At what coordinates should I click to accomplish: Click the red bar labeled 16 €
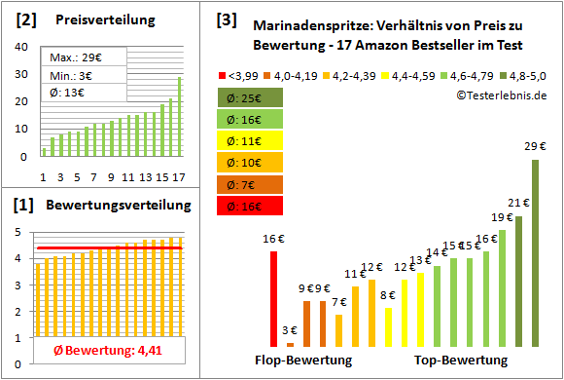point(274,298)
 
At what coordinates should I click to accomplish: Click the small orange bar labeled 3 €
point(291,341)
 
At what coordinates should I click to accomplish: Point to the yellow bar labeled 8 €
point(388,326)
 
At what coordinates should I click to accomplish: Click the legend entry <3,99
point(243,74)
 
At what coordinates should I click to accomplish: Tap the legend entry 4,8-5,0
point(526,74)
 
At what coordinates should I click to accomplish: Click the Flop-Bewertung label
point(303,361)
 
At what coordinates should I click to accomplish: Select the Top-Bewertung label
point(460,361)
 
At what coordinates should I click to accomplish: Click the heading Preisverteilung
point(94,20)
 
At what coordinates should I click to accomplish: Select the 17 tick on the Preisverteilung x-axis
point(179,176)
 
